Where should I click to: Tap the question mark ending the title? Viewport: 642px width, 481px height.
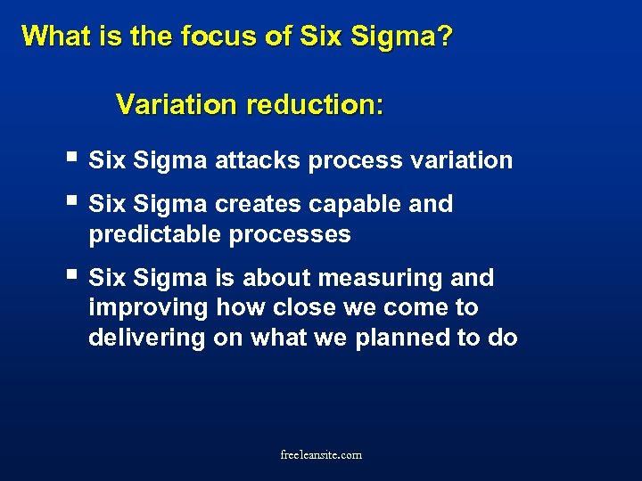pos(444,37)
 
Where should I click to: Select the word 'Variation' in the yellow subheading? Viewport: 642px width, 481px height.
pos(177,105)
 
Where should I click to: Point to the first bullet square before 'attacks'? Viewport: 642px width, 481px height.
pos(72,159)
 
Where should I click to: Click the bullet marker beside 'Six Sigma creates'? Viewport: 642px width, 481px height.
pos(72,202)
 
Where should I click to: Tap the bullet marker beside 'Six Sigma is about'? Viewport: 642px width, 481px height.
pos(72,276)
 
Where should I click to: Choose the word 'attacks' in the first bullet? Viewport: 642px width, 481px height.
pos(258,160)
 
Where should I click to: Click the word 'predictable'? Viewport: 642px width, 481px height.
pos(155,234)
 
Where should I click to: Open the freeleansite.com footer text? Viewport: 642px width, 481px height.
pos(321,455)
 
